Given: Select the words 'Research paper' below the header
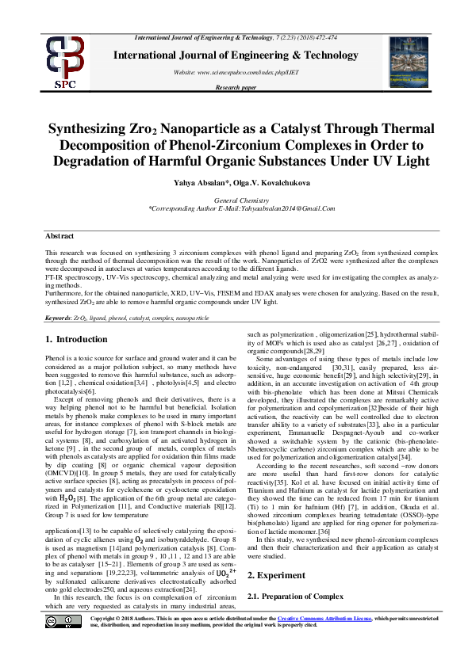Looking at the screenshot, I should [x=236, y=87].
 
